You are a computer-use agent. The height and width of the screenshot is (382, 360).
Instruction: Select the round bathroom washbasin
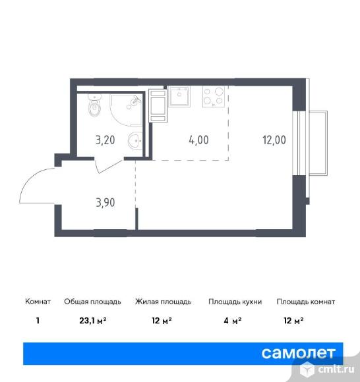(x=135, y=140)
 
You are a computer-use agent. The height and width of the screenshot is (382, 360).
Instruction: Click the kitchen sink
(x=179, y=97)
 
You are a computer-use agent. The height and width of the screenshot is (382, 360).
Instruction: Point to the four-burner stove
(x=214, y=97)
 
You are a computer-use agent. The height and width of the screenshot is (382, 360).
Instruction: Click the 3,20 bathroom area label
(x=106, y=140)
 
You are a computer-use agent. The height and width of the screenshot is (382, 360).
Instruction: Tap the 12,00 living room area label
(x=273, y=140)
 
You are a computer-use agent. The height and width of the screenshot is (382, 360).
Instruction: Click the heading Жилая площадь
(x=163, y=302)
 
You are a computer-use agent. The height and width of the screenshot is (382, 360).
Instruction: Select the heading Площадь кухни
(x=235, y=302)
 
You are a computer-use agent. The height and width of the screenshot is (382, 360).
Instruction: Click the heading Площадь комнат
(x=305, y=302)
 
